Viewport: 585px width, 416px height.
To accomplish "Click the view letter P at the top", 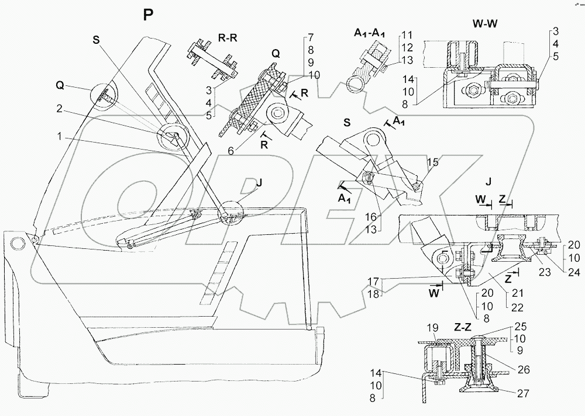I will click(x=149, y=15).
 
